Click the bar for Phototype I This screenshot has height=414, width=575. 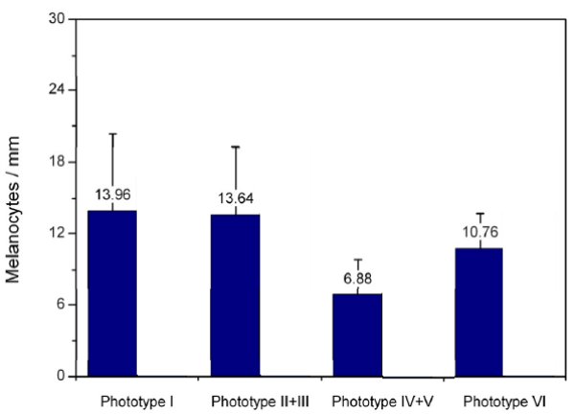tap(112, 292)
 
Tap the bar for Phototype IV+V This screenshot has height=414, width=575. tap(357, 334)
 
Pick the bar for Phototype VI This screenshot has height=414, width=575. tap(479, 311)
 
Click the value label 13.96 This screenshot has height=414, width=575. tap(113, 195)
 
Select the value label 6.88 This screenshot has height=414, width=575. tap(357, 279)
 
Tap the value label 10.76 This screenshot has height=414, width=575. tap(480, 231)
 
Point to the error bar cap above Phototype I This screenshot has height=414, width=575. tap(113, 133)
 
